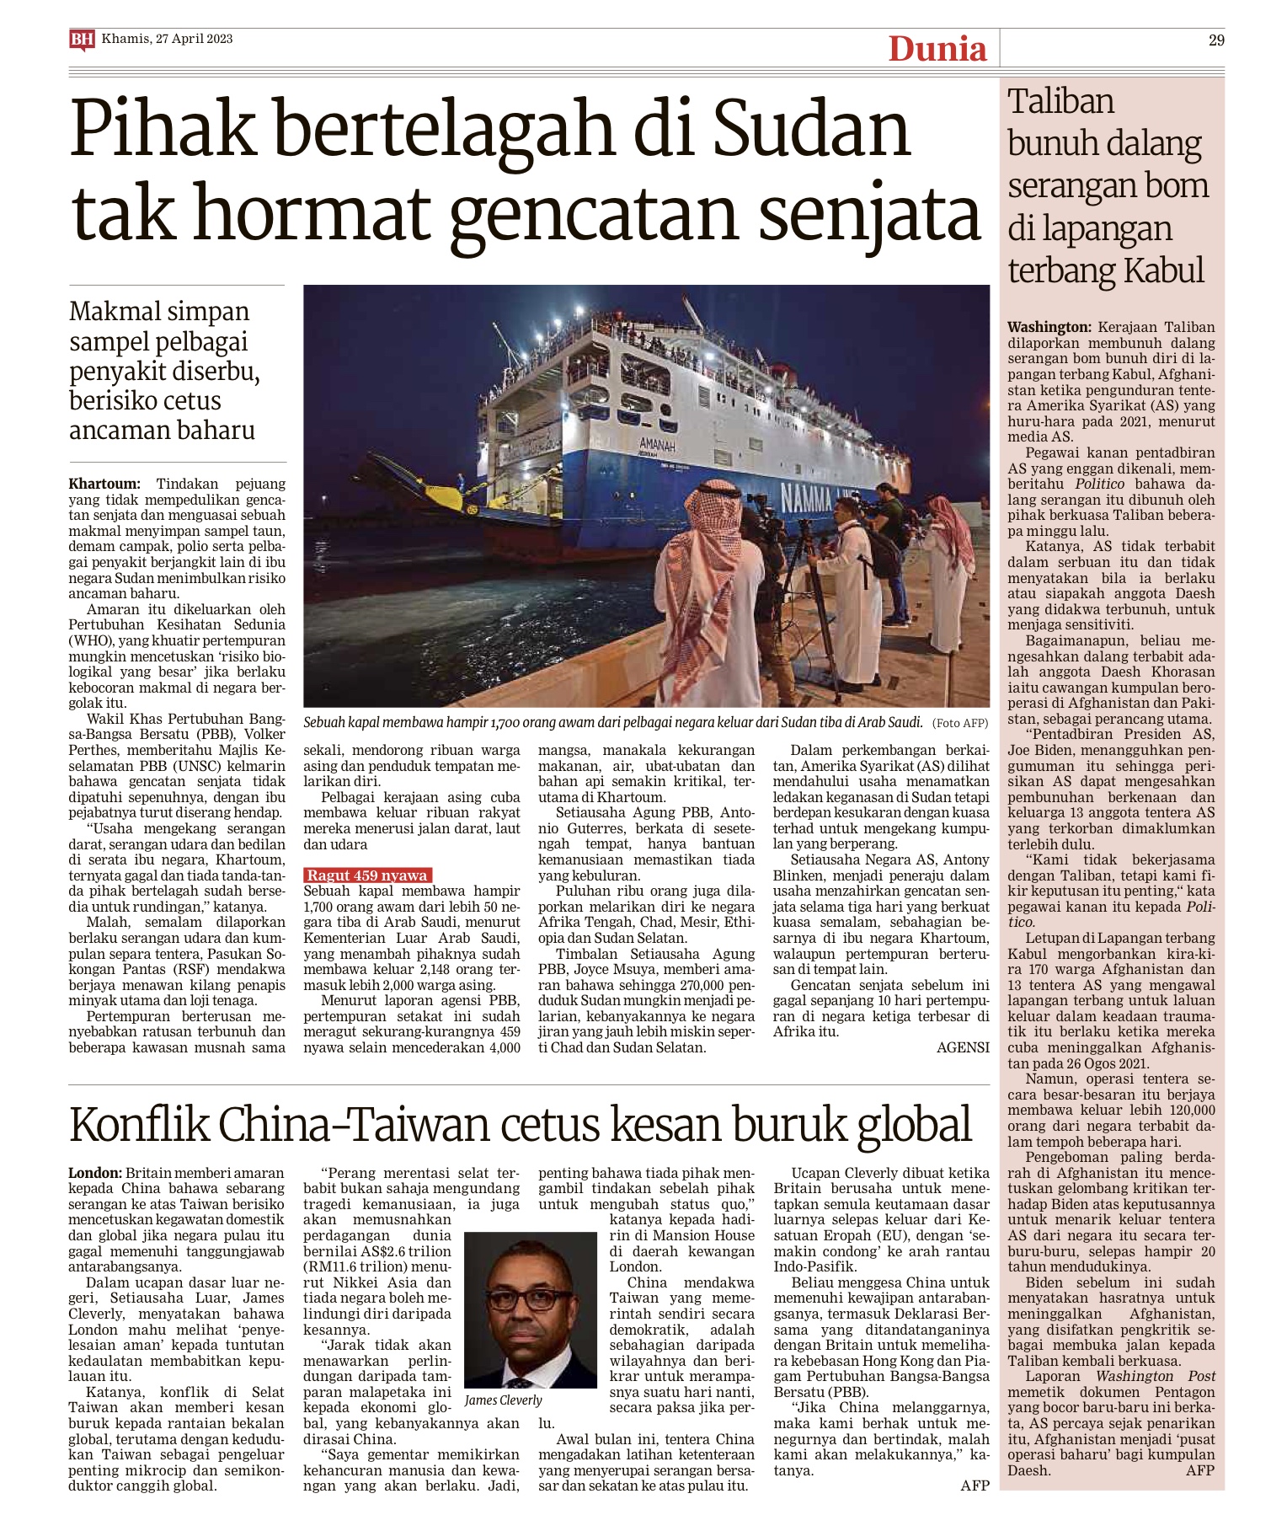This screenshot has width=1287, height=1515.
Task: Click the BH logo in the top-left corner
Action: pyautogui.click(x=81, y=40)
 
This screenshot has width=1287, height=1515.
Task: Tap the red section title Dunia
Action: pyautogui.click(x=937, y=49)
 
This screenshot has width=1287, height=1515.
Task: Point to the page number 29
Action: pyautogui.click(x=1215, y=40)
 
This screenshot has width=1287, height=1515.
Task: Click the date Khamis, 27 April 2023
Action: pyautogui.click(x=167, y=39)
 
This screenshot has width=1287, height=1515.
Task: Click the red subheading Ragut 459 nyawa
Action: pyautogui.click(x=367, y=875)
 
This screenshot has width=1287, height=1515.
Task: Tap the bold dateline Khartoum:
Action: pyautogui.click(x=104, y=484)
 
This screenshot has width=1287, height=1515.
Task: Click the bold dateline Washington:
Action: pyautogui.click(x=1049, y=328)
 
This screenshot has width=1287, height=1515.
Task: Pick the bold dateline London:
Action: pyautogui.click(x=95, y=1173)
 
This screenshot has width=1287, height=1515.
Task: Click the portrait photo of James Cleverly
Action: pyautogui.click(x=530, y=1309)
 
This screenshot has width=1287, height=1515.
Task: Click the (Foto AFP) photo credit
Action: pyautogui.click(x=960, y=723)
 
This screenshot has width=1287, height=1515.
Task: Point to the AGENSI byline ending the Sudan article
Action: pyautogui.click(x=963, y=1048)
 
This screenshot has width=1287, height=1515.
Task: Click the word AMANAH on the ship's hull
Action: pyautogui.click(x=657, y=444)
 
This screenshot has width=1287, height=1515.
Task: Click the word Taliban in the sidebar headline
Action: pyautogui.click(x=1060, y=102)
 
